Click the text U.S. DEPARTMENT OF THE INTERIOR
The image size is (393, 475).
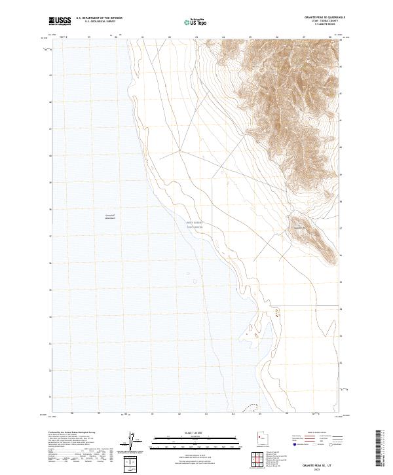99,18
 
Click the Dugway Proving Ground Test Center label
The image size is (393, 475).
196,224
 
